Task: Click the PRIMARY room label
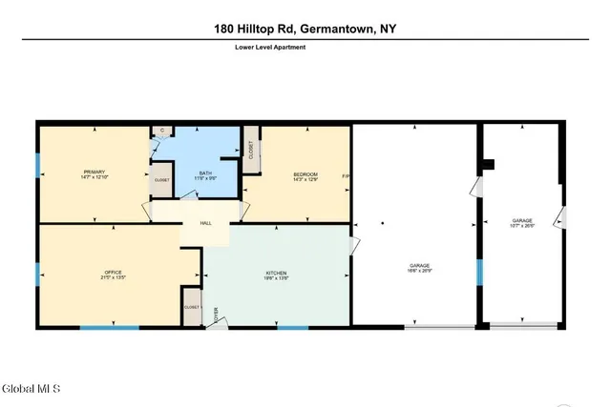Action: tap(94, 172)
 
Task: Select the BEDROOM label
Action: tap(305, 173)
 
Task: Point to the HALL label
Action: tap(205, 223)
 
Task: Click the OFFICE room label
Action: tap(114, 273)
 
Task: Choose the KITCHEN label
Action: tap(276, 273)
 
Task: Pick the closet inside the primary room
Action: tap(162, 178)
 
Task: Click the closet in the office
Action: tap(192, 307)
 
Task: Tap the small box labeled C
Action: tap(161, 131)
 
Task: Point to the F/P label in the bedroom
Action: tap(345, 174)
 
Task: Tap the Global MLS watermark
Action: tap(32, 389)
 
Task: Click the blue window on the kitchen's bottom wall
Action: tap(292, 328)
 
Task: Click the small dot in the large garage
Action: tap(382, 224)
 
